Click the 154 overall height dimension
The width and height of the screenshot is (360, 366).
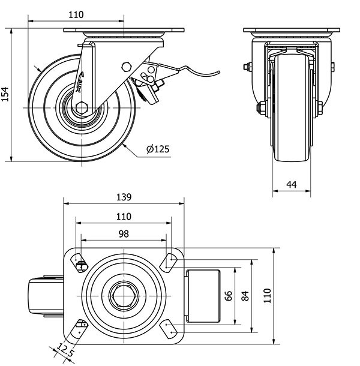pyautogui.click(x=5, y=94)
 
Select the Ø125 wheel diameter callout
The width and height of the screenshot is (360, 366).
pyautogui.click(x=158, y=149)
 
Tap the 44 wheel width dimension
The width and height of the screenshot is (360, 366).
pyautogui.click(x=292, y=185)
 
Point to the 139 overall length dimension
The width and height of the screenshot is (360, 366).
pyautogui.click(x=123, y=196)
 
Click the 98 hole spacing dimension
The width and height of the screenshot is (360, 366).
pyautogui.click(x=124, y=233)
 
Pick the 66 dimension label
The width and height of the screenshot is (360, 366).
pyautogui.click(x=229, y=295)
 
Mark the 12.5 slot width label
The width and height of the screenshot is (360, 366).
pyautogui.click(x=65, y=349)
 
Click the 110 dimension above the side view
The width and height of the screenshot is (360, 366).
pyautogui.click(x=76, y=14)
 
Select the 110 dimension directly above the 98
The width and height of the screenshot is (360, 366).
pyautogui.click(x=123, y=216)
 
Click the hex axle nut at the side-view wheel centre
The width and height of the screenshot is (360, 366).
pyautogui.click(x=82, y=107)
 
